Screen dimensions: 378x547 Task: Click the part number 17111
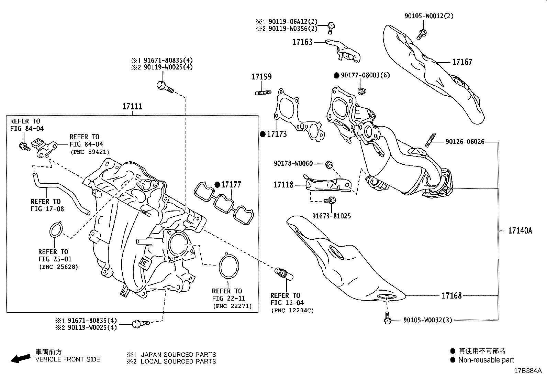click(132, 107)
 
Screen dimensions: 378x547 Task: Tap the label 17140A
click(520, 231)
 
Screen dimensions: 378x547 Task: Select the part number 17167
click(462, 62)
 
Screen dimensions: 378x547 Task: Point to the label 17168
click(451, 295)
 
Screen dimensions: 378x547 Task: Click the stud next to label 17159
click(263, 92)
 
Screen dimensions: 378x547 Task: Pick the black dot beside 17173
click(263, 134)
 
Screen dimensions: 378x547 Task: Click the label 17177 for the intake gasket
click(231, 185)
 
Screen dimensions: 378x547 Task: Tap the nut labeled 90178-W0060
click(329, 164)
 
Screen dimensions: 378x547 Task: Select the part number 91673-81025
click(331, 216)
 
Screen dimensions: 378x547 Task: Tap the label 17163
click(302, 42)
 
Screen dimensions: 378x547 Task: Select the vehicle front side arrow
click(20, 359)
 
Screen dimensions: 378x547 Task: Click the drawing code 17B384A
click(527, 371)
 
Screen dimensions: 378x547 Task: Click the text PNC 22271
click(232, 306)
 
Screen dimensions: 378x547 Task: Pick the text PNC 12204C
click(292, 310)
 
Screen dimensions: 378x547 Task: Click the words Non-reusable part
click(486, 360)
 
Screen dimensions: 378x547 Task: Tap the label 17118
click(283, 185)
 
